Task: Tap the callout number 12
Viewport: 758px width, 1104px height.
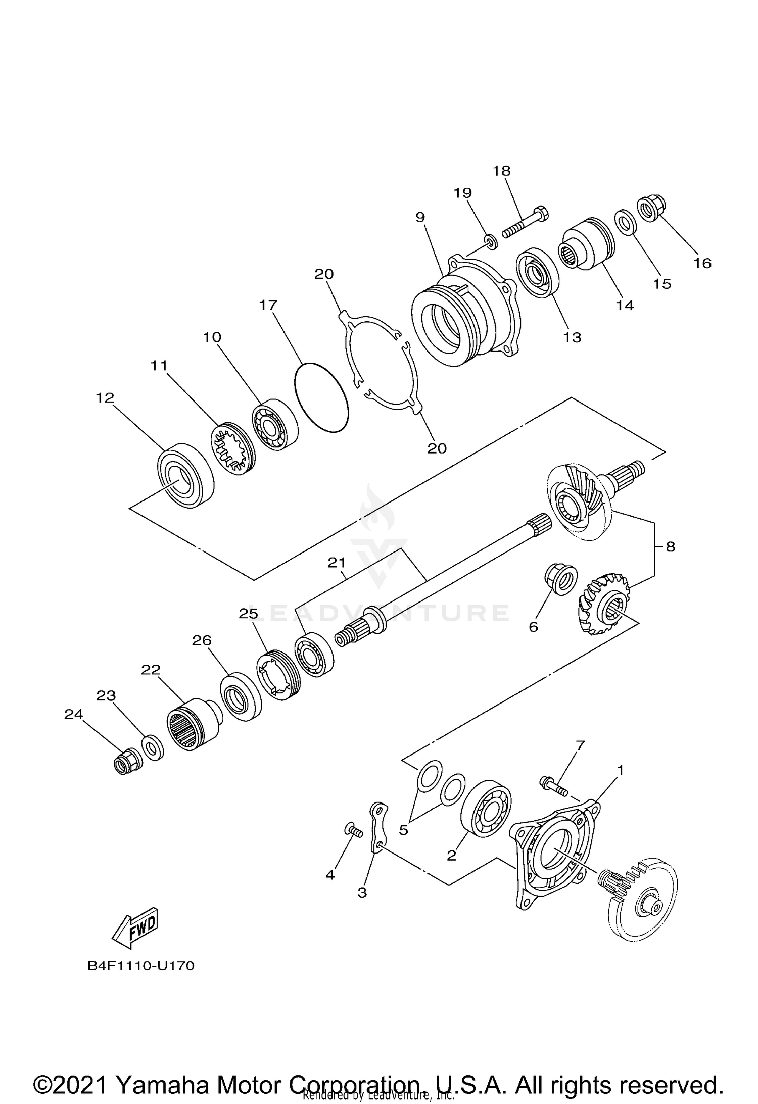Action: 105,398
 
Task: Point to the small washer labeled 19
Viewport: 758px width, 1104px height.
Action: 490,242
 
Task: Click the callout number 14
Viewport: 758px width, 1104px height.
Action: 625,305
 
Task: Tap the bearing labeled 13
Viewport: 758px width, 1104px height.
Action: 537,273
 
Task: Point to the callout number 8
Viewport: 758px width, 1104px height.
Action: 670,546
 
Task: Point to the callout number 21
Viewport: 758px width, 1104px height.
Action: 337,563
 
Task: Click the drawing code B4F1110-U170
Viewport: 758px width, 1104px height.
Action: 141,966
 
